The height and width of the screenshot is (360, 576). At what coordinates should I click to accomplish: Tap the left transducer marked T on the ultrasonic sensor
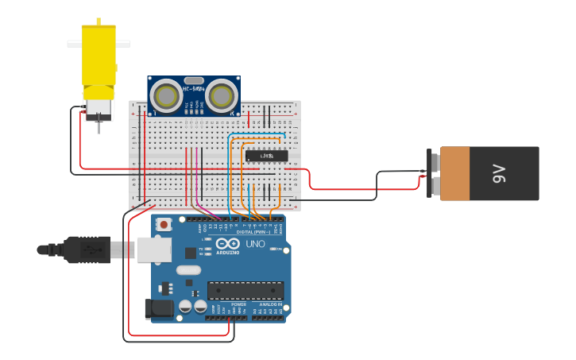click(167, 96)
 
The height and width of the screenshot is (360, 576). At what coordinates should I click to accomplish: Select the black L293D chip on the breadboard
click(266, 156)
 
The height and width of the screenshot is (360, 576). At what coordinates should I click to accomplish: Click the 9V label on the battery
click(499, 173)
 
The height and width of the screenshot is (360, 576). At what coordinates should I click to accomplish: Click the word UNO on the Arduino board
click(255, 244)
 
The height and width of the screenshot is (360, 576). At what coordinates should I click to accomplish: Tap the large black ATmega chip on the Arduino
click(245, 290)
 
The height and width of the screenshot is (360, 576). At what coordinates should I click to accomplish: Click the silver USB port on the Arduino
click(153, 250)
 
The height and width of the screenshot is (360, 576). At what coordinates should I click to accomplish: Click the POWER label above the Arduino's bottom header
click(238, 304)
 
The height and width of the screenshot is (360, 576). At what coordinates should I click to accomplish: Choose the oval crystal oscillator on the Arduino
click(188, 270)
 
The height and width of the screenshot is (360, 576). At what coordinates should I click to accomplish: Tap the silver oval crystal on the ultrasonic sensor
click(193, 80)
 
